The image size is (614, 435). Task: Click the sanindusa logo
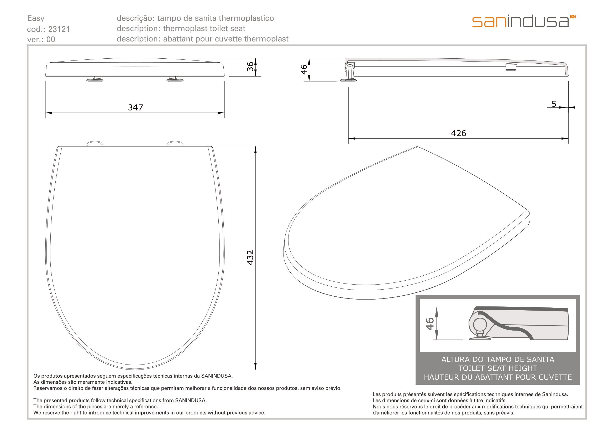pos(524,21)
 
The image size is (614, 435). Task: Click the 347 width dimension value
pos(135,107)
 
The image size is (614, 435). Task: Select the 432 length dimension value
pos(250,258)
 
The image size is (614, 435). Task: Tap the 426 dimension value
pos(459,133)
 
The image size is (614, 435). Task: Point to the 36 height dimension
pos(250,67)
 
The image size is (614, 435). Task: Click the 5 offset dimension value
pos(554,104)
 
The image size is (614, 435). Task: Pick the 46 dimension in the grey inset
pos(429,323)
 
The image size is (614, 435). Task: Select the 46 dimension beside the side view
pos(304,70)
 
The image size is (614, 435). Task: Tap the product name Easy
pos(36,18)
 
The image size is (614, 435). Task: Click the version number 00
pos(51,39)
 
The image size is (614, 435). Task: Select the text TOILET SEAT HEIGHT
pos(498,368)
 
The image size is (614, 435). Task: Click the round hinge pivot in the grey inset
pos(480,325)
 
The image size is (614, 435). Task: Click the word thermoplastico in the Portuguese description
pos(246,18)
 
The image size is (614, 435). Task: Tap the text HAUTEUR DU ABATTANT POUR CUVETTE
pos(498,377)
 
